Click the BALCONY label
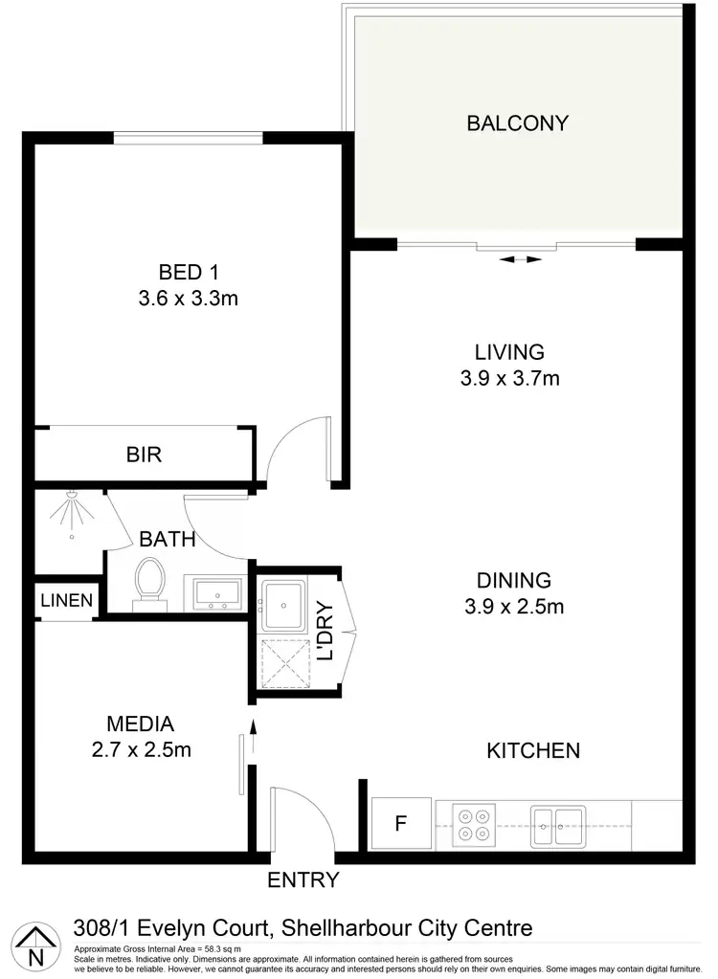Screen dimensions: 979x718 517,123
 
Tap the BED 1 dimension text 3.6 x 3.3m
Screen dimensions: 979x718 188,299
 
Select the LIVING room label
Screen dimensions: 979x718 509,351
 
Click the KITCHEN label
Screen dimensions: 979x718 533,750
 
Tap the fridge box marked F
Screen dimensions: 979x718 402,823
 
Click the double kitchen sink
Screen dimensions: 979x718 558,823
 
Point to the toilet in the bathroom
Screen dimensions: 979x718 149,583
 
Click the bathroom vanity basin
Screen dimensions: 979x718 216,592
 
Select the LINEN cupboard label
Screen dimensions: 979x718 67,601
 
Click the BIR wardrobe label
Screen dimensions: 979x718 144,455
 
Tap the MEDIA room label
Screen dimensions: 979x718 141,723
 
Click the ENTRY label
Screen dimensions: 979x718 303,880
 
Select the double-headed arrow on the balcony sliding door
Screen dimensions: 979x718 521,259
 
